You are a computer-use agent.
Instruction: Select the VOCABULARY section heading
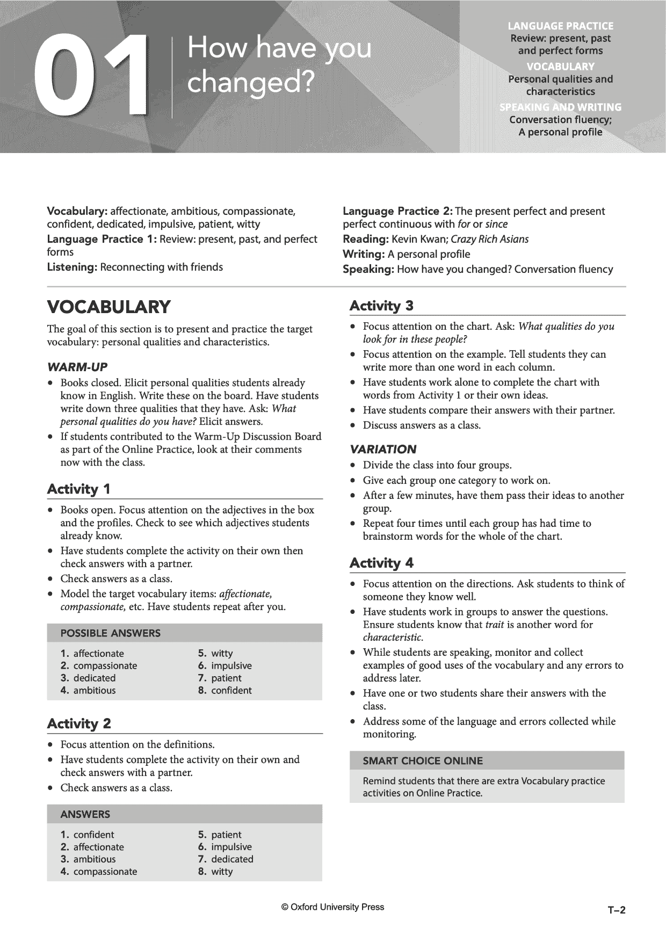tap(109, 307)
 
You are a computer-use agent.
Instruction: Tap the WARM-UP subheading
tap(77, 367)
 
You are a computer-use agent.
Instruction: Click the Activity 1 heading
tap(79, 489)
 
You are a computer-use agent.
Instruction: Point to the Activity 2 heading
tap(79, 723)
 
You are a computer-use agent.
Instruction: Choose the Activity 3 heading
tap(381, 306)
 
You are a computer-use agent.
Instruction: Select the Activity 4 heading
tap(381, 563)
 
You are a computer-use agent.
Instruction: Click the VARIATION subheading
tap(383, 449)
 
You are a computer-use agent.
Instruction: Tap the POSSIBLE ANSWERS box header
tap(111, 633)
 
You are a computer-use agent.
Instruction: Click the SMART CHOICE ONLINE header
tap(423, 760)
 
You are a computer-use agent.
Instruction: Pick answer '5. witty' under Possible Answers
tap(215, 653)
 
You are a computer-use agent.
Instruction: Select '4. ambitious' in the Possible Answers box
tap(88, 690)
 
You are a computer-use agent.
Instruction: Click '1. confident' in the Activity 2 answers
tap(88, 834)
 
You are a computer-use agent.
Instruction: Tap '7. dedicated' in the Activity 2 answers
tap(226, 859)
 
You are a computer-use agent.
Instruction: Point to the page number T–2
tap(617, 910)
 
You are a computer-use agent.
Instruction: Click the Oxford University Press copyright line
tap(332, 907)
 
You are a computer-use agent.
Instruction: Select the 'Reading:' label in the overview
tap(366, 239)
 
